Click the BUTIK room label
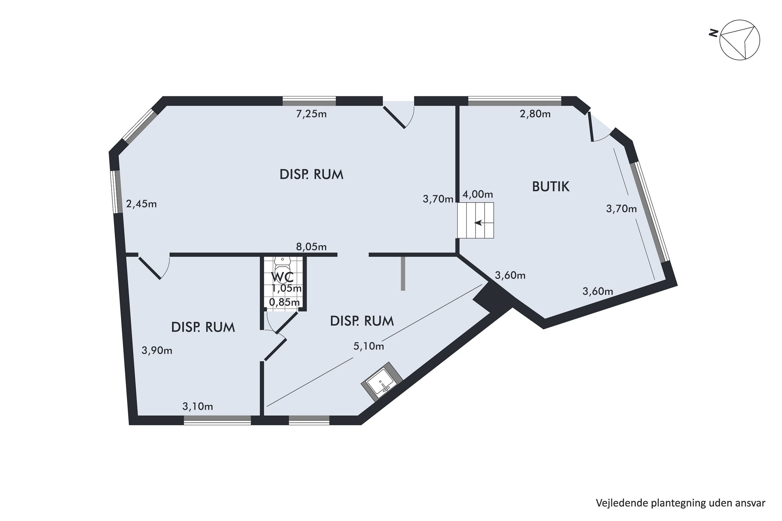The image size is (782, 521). click(550, 187)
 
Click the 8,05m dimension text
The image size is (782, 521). click(311, 247)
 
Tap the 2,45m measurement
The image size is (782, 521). click(141, 204)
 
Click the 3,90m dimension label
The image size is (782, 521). click(157, 351)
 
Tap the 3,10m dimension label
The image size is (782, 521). click(198, 406)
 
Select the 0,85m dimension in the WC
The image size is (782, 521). click(284, 302)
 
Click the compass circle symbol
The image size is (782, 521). click(740, 44)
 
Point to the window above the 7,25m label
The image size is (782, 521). click(309, 101)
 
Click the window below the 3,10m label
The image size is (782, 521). click(217, 420)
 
